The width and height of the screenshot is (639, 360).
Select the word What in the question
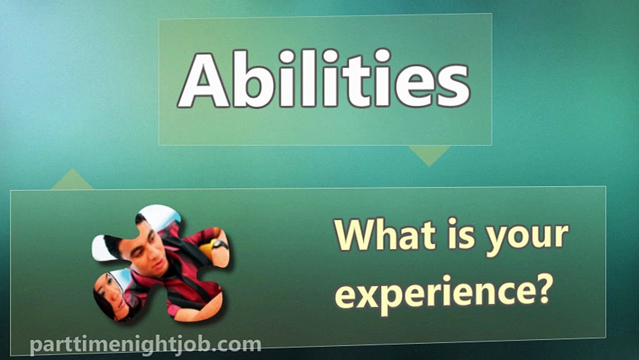tap(382, 236)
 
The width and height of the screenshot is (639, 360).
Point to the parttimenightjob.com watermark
tap(145, 344)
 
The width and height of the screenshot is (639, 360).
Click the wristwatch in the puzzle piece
tap(219, 244)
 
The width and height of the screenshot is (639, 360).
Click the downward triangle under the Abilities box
tap(429, 154)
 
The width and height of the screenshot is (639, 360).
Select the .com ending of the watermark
tap(239, 344)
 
